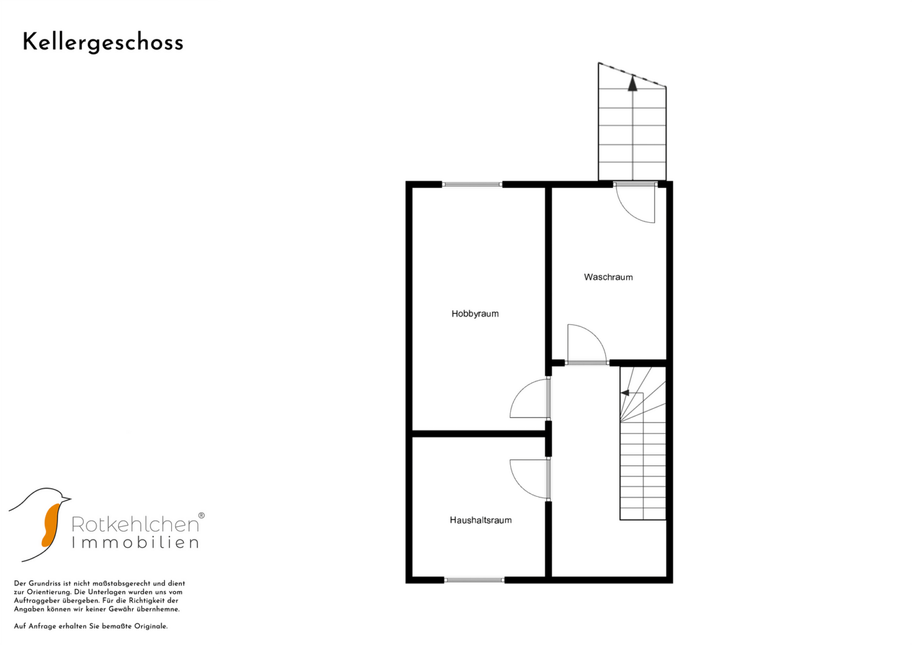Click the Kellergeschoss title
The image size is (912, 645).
coord(103,43)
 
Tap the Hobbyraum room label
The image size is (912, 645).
coord(475,314)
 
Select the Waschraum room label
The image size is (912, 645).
coord(608,277)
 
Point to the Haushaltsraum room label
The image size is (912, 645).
coord(480,520)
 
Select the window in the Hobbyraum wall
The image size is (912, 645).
coord(472,185)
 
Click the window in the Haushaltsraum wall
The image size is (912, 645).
coord(474,580)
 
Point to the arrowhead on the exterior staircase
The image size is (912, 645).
coord(632,84)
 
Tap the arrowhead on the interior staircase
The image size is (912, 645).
coord(625,393)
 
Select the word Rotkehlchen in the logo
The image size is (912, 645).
coord(135,524)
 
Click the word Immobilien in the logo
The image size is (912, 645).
coord(135,542)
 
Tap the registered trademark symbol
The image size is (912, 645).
coord(201,515)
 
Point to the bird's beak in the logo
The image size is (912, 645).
coord(66,499)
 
